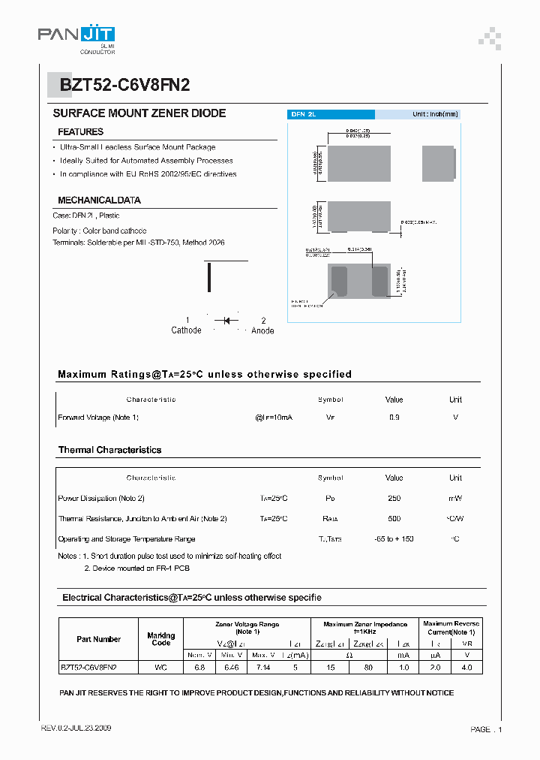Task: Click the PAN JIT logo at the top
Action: tap(77, 35)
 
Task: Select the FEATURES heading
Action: tap(80, 132)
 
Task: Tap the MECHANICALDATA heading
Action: tap(99, 201)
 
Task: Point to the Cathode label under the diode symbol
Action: tap(186, 330)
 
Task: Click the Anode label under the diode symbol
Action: tap(262, 330)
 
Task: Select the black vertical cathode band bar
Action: tap(208, 278)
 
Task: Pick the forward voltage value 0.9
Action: tap(394, 417)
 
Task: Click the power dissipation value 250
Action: tap(394, 498)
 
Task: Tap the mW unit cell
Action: tap(455, 498)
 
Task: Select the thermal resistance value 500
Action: tap(394, 518)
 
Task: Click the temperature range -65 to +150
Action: tap(394, 538)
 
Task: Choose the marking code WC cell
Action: tap(160, 666)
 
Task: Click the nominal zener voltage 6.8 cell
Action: tap(200, 666)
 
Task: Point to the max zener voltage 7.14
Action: tap(262, 666)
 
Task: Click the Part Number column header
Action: tap(98, 639)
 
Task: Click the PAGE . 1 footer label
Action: tap(486, 729)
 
